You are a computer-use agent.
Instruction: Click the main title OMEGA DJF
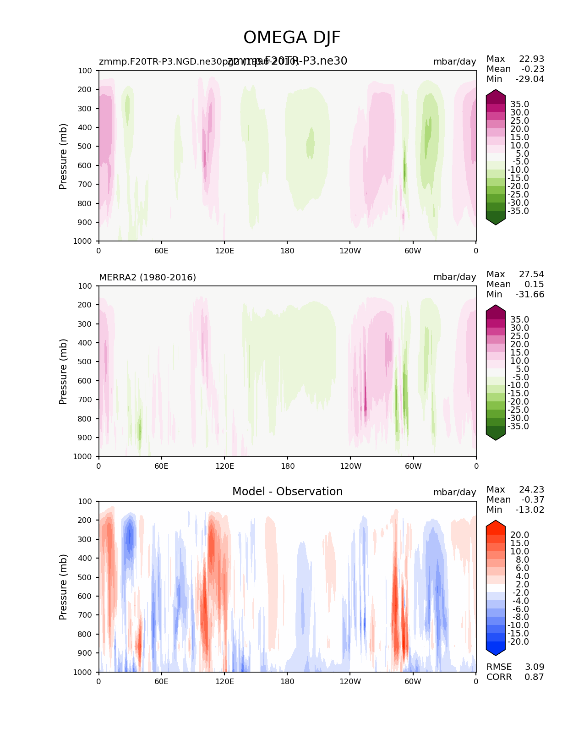(292, 38)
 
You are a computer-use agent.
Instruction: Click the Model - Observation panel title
(287, 492)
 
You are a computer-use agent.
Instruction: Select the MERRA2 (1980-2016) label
(147, 277)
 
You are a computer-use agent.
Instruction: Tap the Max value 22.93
(531, 59)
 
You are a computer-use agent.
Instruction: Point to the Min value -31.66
(530, 294)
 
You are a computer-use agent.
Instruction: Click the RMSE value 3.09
(535, 667)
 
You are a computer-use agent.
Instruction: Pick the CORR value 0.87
(535, 677)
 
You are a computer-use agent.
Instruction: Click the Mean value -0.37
(533, 499)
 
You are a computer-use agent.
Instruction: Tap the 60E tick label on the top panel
(161, 251)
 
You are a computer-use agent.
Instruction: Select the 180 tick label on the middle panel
(287, 466)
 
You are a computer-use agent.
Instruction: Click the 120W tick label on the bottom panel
(350, 681)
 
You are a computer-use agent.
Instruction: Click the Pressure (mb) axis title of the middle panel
(63, 371)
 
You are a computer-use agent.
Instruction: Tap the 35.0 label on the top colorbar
(519, 104)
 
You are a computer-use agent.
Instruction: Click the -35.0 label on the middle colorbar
(519, 426)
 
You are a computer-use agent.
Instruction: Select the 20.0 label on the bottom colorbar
(519, 535)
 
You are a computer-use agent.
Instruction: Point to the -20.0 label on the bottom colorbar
(519, 641)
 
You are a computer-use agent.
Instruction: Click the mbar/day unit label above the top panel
(454, 61)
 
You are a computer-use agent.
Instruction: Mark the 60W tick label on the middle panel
(413, 466)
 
